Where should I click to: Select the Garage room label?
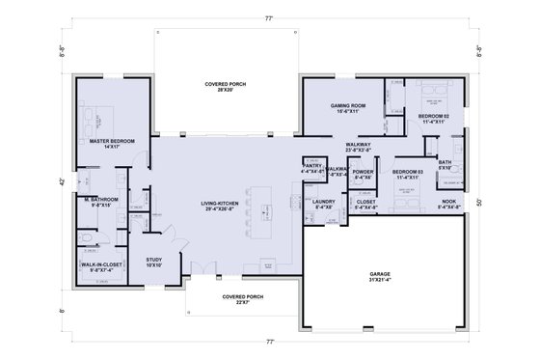tap(380, 277)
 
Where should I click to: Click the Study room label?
tap(154, 262)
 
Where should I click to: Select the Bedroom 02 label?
tap(431, 119)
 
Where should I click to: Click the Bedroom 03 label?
tap(406, 175)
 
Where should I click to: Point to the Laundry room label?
tap(323, 204)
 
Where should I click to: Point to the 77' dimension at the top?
tap(270, 18)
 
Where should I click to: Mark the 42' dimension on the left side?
tap(62, 180)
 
